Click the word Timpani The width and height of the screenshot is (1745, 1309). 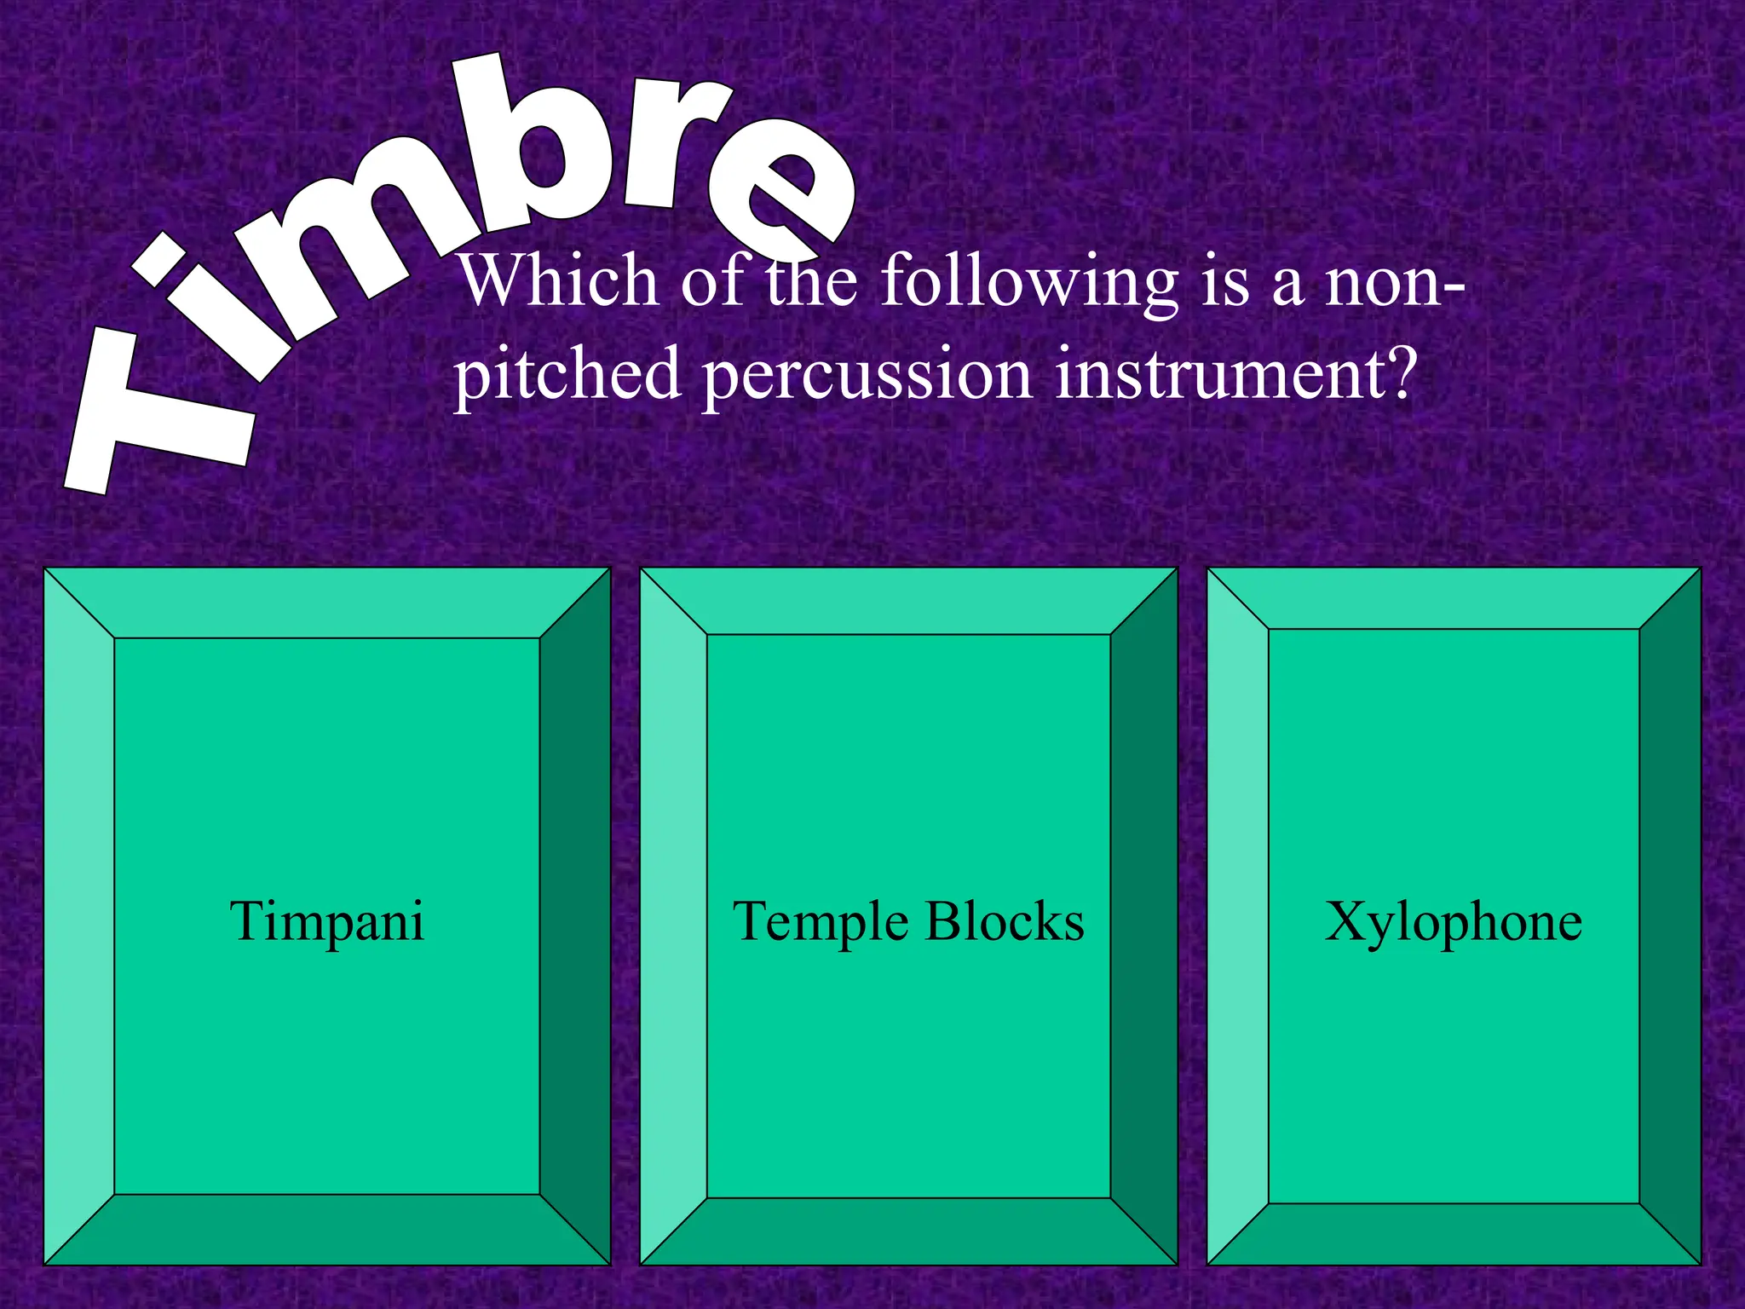pos(327,922)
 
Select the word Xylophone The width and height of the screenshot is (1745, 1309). pos(1454,922)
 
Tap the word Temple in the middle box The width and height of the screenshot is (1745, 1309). pos(820,922)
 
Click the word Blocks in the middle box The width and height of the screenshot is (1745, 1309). pos(1005,922)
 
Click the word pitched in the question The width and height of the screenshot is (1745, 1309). pos(566,375)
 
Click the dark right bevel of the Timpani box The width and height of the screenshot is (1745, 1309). pos(575,916)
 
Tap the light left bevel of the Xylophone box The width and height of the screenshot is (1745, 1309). pos(1238,916)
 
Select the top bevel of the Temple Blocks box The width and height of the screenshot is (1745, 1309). pos(908,602)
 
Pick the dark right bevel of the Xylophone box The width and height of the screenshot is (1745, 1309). pos(1670,916)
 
